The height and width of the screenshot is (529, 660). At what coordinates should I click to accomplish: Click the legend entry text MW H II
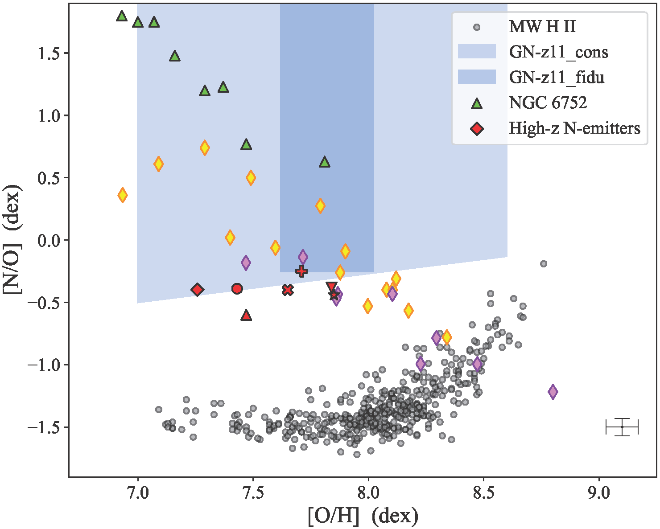542,27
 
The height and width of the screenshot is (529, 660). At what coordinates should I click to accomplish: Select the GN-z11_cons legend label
558,52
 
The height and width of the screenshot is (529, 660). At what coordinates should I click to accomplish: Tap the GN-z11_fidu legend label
557,78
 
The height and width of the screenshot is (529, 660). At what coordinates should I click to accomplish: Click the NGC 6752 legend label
548,103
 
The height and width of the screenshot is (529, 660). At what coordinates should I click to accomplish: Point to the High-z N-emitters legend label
574,128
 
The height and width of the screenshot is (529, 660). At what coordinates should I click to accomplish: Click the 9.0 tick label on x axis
598,493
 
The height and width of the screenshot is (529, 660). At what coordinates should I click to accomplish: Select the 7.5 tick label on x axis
253,493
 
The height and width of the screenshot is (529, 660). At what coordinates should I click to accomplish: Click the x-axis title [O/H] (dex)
363,517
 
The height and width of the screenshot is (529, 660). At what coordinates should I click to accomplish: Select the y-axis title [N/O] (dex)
12,239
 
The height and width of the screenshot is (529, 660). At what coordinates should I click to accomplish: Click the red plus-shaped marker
301,271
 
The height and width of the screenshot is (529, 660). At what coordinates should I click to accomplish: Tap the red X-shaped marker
288,290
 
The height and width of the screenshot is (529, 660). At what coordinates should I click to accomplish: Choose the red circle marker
237,289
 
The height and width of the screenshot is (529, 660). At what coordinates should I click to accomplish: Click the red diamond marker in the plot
197,290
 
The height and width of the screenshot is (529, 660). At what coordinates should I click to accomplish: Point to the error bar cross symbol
622,427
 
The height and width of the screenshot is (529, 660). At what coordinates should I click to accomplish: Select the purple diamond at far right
553,392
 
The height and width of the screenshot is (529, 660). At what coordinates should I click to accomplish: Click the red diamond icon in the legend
477,129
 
